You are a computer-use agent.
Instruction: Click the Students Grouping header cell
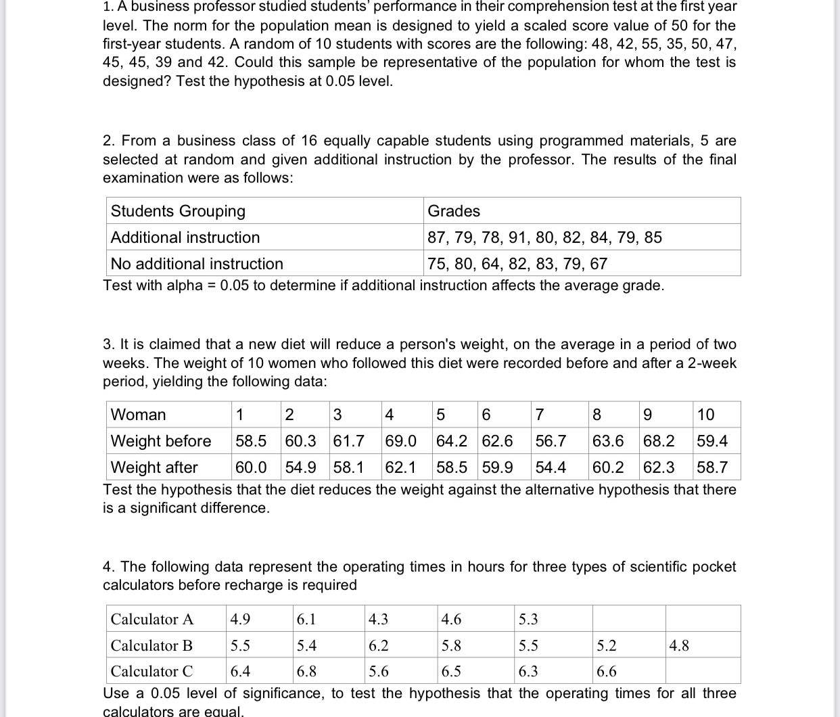pyautogui.click(x=178, y=211)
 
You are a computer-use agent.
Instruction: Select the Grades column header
pyautogui.click(x=454, y=211)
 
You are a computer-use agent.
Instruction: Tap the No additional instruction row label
pyautogui.click(x=197, y=264)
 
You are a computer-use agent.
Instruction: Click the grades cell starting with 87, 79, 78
pyautogui.click(x=544, y=237)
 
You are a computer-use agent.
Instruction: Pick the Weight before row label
pyautogui.click(x=161, y=441)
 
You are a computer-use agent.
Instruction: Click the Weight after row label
pyautogui.click(x=154, y=467)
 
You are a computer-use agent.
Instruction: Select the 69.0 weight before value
pyautogui.click(x=400, y=441)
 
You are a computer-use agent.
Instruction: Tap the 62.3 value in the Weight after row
pyautogui.click(x=659, y=467)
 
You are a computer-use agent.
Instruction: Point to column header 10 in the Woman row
pyautogui.click(x=705, y=415)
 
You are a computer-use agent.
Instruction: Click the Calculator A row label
pyautogui.click(x=152, y=619)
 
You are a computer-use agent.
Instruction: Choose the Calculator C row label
pyautogui.click(x=152, y=671)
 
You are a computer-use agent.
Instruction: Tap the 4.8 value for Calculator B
pyautogui.click(x=679, y=645)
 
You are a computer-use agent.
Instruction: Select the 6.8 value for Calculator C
pyautogui.click(x=306, y=671)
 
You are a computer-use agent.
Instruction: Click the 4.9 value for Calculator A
pyautogui.click(x=240, y=619)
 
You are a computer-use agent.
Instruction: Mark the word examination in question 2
pyautogui.click(x=143, y=178)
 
